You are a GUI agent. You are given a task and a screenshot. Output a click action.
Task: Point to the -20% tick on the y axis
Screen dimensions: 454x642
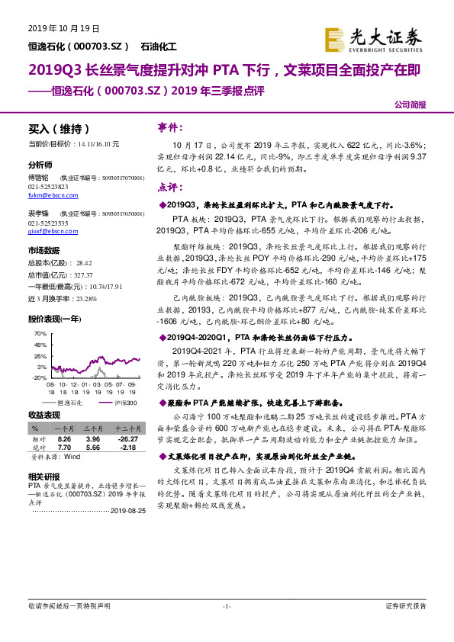pos(40,377)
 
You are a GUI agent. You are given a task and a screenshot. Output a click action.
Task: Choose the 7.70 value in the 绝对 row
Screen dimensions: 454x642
pos(64,448)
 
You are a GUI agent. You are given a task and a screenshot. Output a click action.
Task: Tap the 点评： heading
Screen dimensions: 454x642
pos(171,186)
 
